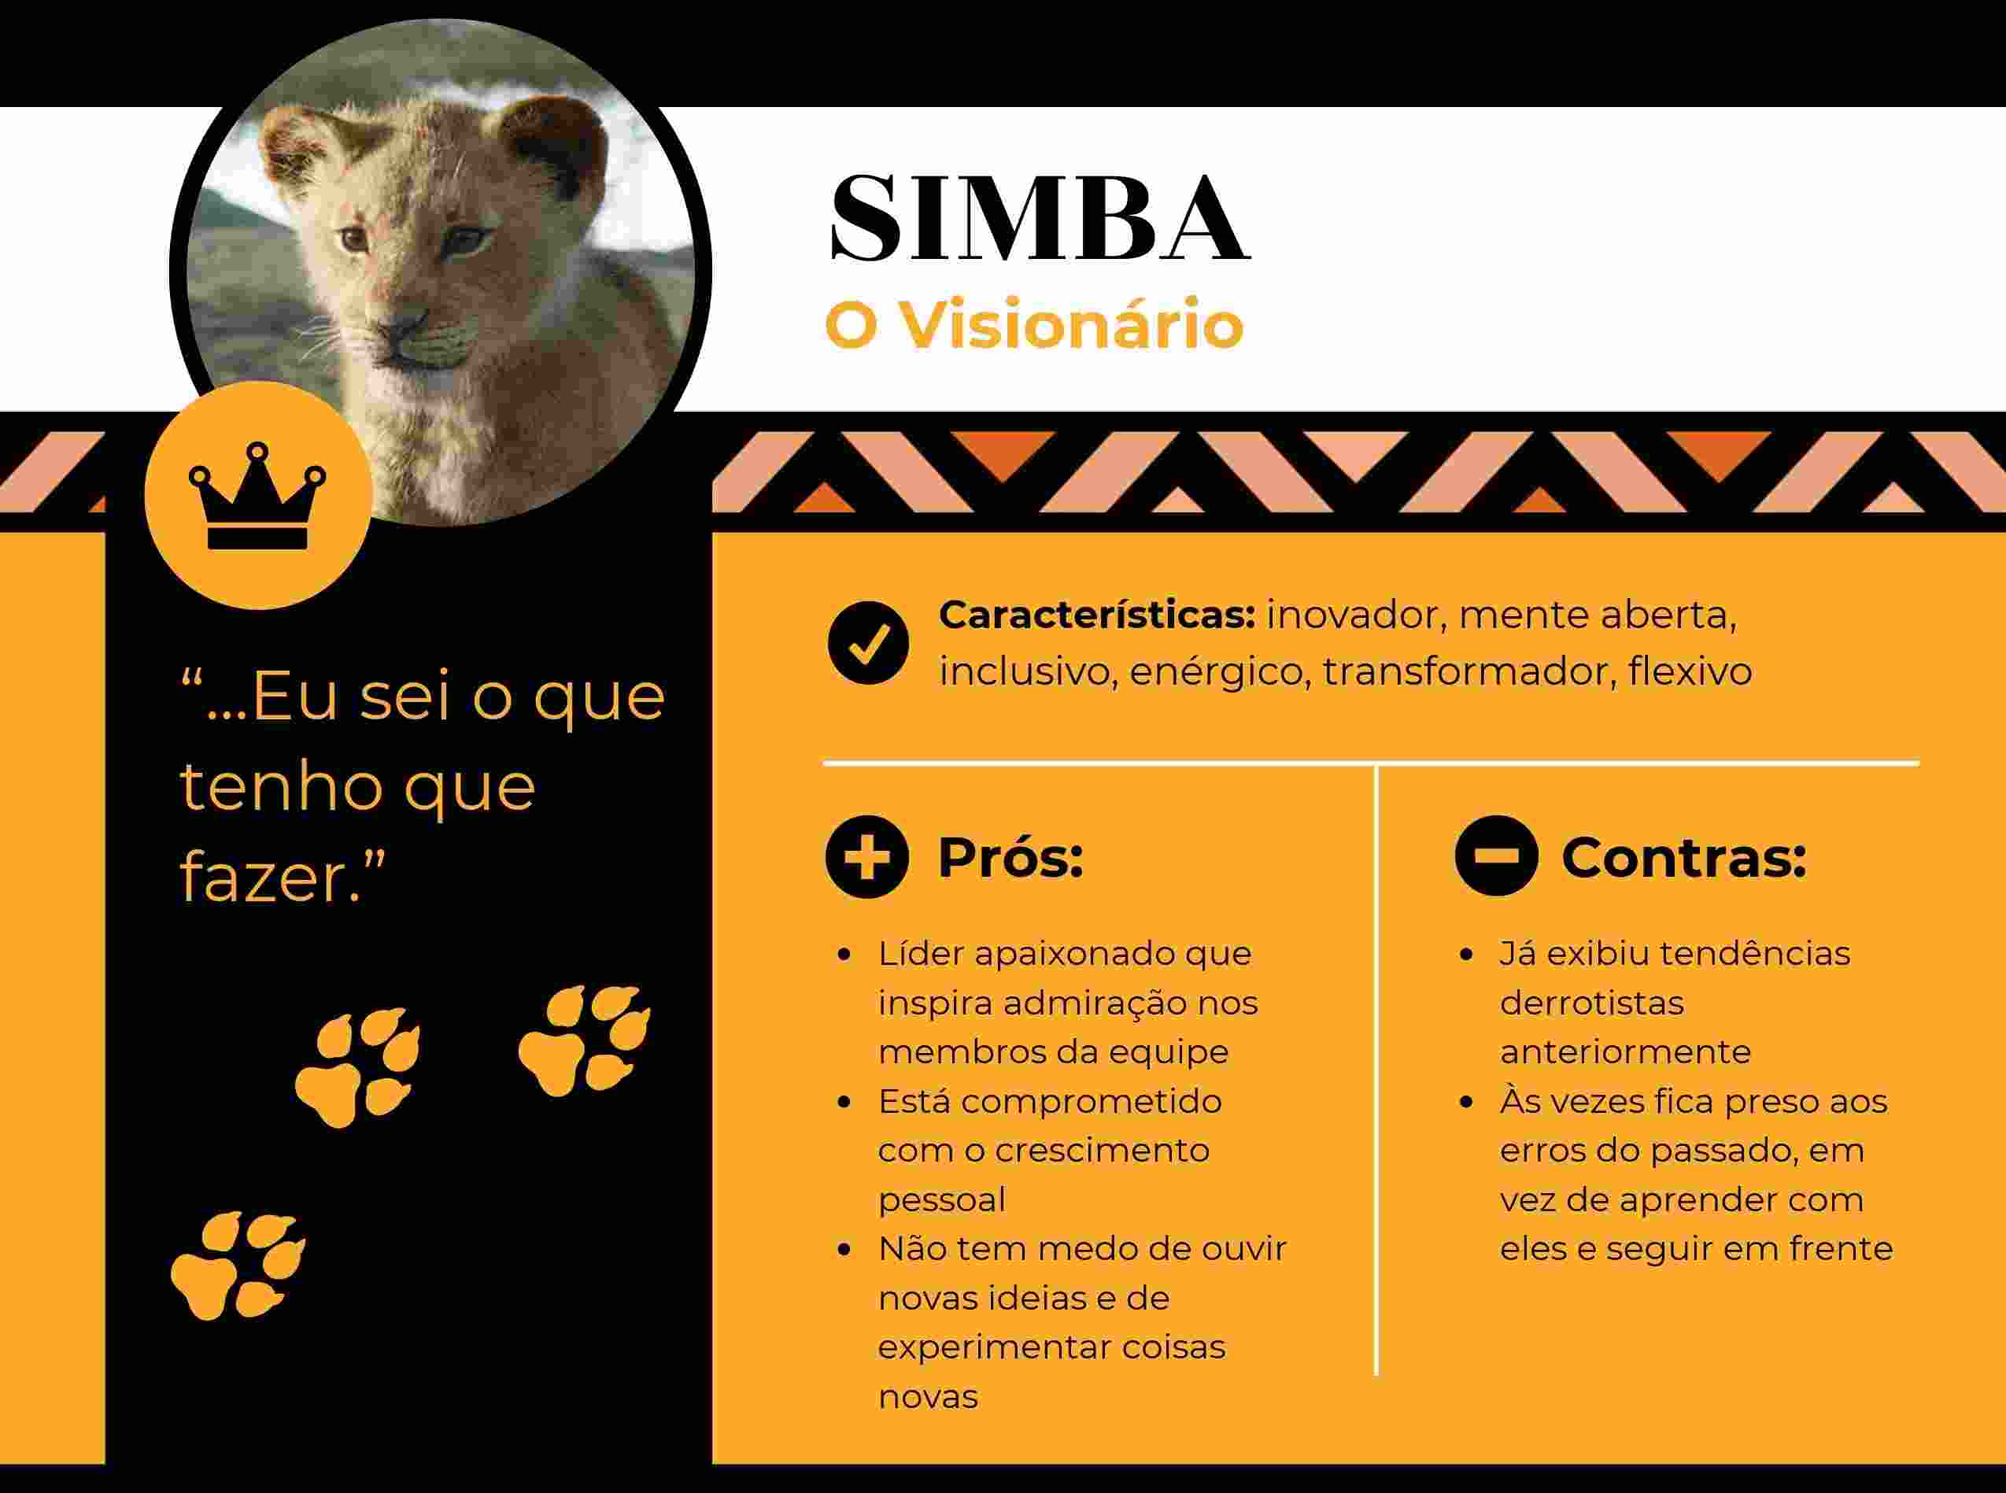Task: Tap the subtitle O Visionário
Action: (1035, 324)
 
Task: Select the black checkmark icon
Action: (867, 641)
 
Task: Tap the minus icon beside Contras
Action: (1496, 855)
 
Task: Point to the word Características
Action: (1097, 615)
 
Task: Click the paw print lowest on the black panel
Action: (238, 1266)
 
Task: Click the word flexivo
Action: (1690, 671)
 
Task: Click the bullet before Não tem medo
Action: (845, 1250)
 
